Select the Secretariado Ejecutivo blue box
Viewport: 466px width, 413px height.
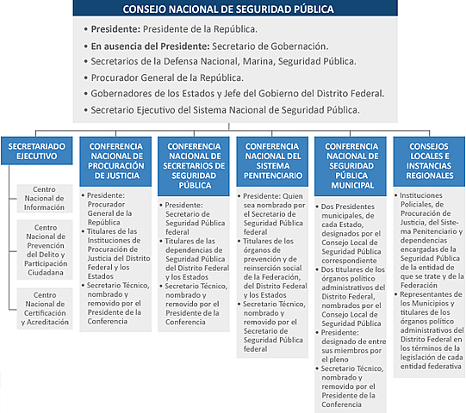(x=34, y=152)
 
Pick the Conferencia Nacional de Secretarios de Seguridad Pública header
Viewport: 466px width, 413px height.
(x=194, y=163)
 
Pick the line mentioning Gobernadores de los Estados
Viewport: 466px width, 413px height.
(x=237, y=94)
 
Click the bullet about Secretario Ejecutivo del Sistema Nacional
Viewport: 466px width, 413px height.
(x=225, y=110)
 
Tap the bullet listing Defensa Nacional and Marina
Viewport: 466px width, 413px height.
(x=223, y=62)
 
